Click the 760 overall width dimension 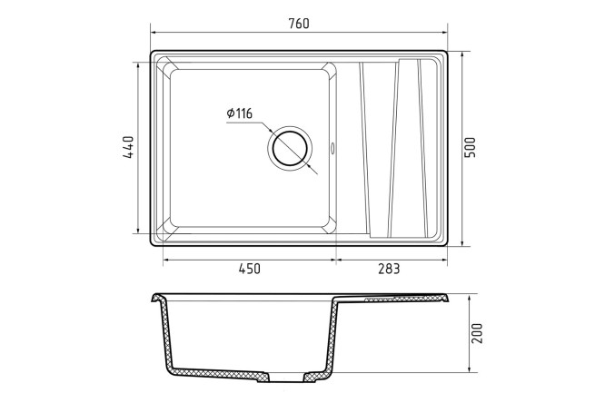tap(299, 24)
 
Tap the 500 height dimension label tap(471, 147)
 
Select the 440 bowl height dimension tap(128, 147)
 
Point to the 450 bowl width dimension tap(250, 269)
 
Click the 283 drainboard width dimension tap(389, 269)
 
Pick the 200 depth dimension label tap(477, 334)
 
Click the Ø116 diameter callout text tap(240, 113)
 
